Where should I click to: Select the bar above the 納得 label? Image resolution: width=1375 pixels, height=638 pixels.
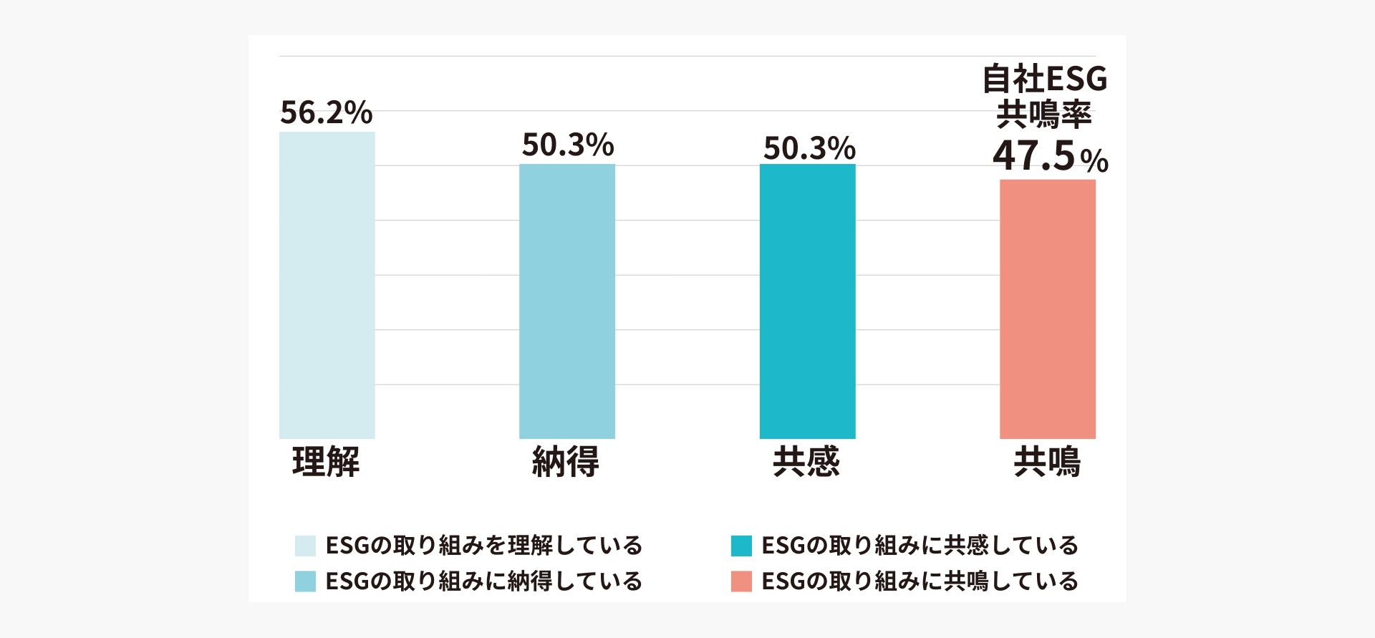566,301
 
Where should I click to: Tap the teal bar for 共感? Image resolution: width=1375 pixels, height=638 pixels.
807,301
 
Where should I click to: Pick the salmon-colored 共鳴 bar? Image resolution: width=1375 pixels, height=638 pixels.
1047,309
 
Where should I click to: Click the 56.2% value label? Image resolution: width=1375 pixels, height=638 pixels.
326,112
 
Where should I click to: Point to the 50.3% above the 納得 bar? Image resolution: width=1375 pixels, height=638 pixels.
568,145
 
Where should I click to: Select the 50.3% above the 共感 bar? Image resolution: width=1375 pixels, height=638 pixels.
809,148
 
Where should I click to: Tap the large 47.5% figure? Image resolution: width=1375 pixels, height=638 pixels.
1050,156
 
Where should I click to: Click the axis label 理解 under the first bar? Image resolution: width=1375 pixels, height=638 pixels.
326,461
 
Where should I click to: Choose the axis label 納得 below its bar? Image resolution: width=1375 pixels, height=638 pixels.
566,461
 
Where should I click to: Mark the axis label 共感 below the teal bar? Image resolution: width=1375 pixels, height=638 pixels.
806,461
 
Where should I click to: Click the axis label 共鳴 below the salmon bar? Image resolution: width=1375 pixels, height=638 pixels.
1047,461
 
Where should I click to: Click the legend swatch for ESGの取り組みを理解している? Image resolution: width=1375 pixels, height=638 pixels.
305,546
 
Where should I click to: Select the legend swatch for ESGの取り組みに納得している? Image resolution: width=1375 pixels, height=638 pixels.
305,581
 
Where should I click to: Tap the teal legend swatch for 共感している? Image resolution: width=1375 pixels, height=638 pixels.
741,546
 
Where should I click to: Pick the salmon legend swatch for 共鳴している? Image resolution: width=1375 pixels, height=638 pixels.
741,581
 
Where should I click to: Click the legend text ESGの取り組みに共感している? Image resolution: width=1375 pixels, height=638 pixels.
920,546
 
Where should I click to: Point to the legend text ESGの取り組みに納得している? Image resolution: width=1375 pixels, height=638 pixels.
483,581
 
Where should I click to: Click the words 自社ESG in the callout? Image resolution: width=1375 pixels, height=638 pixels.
1045,79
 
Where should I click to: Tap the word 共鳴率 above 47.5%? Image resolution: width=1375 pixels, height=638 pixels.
1044,115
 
